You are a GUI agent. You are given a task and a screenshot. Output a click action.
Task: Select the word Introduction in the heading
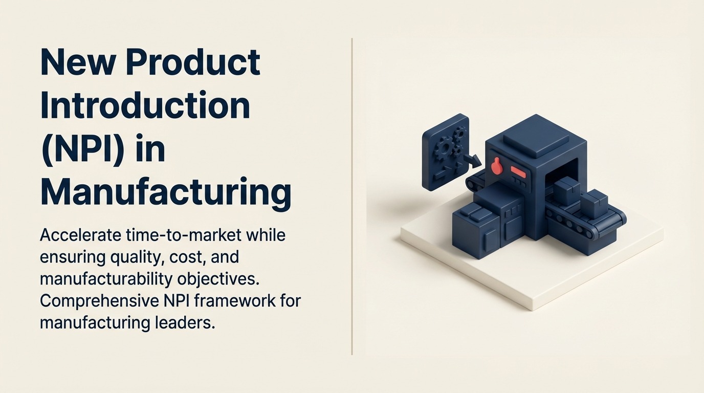pos(145,106)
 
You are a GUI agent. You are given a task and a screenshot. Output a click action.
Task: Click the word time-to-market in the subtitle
pos(186,235)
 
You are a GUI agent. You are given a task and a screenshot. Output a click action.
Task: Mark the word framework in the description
pos(231,301)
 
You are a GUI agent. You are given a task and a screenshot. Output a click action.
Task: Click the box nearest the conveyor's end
pos(595,205)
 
